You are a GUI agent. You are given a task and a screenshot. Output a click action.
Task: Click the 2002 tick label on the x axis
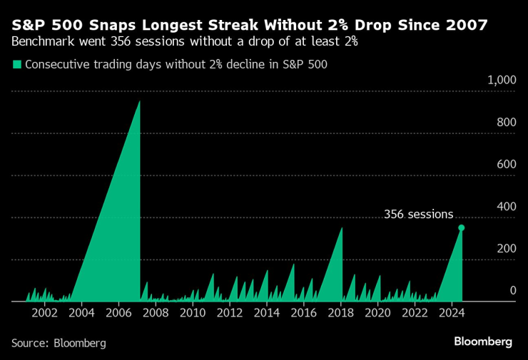click(45, 312)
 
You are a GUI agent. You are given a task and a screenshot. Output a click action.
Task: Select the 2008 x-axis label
click(156, 312)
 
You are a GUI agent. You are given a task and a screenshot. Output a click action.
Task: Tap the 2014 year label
click(266, 312)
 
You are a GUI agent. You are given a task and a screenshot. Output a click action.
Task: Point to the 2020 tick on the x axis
click(377, 312)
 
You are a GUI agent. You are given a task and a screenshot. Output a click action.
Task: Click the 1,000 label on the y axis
click(501, 81)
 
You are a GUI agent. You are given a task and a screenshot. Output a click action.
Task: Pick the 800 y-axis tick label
click(506, 123)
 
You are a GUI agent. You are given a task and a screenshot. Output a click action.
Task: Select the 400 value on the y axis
click(506, 207)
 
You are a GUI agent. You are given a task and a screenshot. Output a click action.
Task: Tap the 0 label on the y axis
click(512, 290)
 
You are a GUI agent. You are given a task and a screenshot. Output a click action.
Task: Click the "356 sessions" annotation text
click(418, 214)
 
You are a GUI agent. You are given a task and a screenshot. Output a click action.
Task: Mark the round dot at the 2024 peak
click(462, 227)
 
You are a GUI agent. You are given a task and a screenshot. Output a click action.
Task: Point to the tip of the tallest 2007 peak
click(139, 101)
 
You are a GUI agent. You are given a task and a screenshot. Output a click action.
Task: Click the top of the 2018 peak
click(342, 228)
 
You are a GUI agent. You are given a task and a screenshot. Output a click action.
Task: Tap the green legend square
click(16, 64)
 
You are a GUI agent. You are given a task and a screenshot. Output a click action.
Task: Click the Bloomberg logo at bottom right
click(483, 341)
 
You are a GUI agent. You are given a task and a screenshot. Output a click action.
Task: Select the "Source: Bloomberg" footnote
click(59, 343)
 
